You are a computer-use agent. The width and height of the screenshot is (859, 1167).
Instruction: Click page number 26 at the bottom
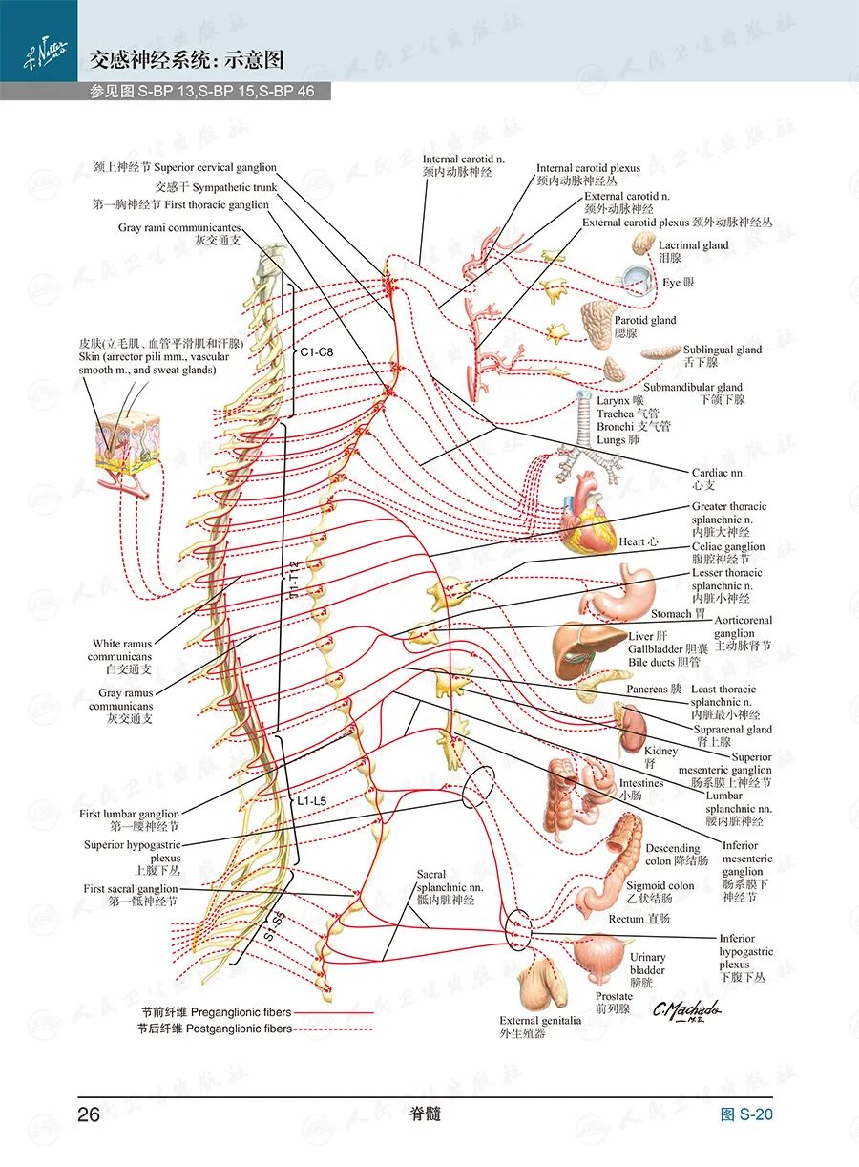[89, 1114]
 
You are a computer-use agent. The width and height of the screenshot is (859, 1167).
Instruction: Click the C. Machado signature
[685, 1010]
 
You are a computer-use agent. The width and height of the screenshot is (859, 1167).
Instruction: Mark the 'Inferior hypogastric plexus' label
[746, 958]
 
